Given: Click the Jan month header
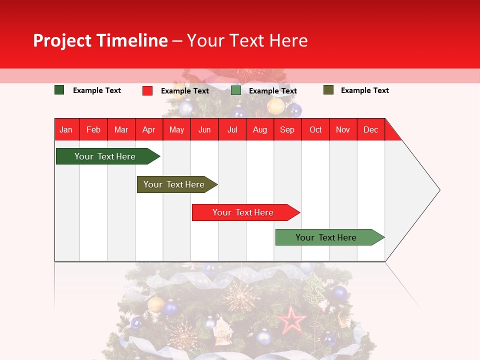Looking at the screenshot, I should click(66, 129).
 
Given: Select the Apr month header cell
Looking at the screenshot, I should click(148, 129).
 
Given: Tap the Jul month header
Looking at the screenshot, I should click(232, 129).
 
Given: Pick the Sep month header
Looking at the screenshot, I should click(287, 129).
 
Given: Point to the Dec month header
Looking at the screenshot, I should click(370, 129).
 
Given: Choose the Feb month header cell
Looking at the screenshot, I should click(93, 129).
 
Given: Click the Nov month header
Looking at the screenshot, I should click(342, 129).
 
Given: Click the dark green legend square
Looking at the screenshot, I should click(59, 90).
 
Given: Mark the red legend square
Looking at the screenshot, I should click(147, 90).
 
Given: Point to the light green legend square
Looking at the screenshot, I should click(236, 90).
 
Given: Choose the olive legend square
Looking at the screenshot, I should click(328, 90).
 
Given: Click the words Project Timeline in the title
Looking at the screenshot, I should click(100, 40).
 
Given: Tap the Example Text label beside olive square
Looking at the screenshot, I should click(364, 90).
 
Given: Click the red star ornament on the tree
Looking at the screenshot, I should click(292, 320).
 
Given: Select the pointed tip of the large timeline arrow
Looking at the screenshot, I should click(439, 190).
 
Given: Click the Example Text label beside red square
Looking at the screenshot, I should click(184, 91).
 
